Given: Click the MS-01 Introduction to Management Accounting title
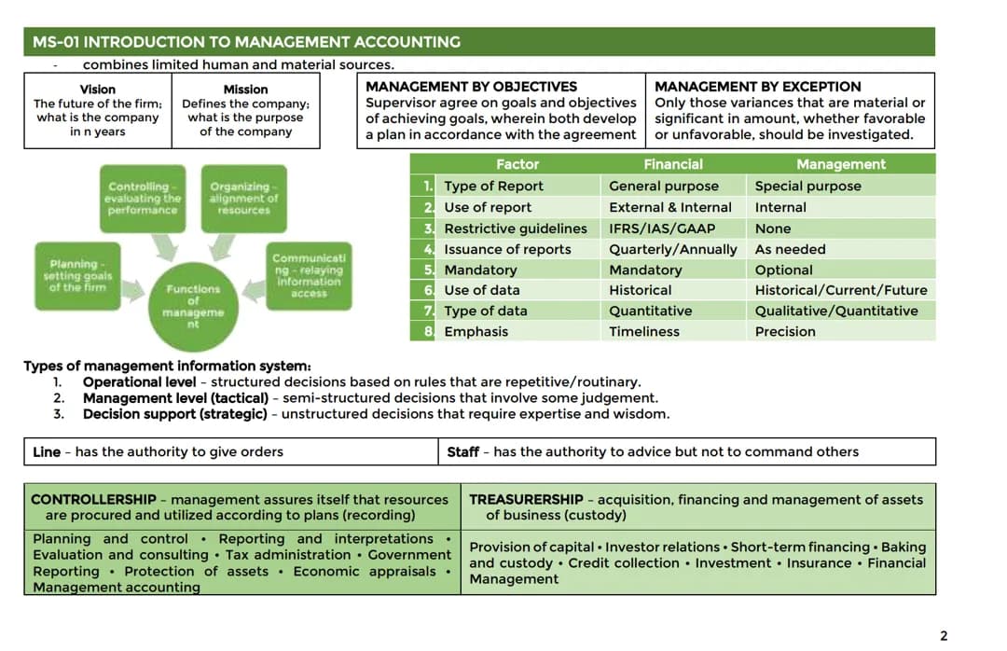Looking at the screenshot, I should click(246, 42).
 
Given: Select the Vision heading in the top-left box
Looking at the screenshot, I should click(98, 90).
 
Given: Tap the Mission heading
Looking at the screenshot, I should click(245, 90).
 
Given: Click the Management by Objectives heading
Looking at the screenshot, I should click(471, 87).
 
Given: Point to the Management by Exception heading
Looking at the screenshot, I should click(758, 87).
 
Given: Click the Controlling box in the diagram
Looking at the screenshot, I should click(143, 198).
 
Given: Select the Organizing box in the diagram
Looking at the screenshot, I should click(243, 198).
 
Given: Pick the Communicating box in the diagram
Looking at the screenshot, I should click(309, 275).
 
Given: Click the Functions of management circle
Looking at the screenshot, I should click(193, 300).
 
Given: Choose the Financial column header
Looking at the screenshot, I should click(673, 164).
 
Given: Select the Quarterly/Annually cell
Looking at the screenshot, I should click(672, 249).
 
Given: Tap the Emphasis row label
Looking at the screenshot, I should click(476, 332).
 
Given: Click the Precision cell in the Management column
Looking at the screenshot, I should click(785, 332).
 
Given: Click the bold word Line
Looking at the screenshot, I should click(46, 452).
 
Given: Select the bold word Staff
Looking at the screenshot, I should click(463, 452).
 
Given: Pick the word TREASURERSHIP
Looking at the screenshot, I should click(526, 500).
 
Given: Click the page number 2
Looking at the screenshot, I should click(944, 636).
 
